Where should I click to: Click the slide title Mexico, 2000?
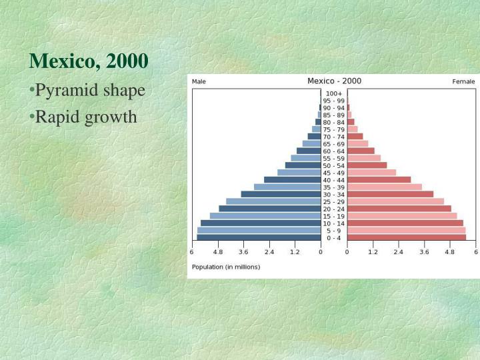point(88,61)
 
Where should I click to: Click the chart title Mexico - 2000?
point(334,81)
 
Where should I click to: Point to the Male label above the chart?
point(199,81)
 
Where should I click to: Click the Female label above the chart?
point(463,81)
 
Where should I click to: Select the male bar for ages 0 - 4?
point(259,237)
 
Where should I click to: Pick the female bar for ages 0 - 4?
point(406,237)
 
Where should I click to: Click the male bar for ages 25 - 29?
point(273,201)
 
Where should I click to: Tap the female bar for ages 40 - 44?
point(379,179)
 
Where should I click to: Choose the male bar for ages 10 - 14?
point(261,223)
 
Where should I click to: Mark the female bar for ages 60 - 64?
point(361,151)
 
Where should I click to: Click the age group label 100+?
point(334,93)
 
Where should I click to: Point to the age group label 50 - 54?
point(334,165)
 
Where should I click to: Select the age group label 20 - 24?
point(334,209)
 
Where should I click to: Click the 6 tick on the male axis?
point(192,252)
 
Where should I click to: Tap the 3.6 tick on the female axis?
point(424,252)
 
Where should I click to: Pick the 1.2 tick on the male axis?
point(295,252)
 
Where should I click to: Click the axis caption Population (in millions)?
point(226,267)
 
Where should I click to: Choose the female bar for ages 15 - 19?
point(401,216)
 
